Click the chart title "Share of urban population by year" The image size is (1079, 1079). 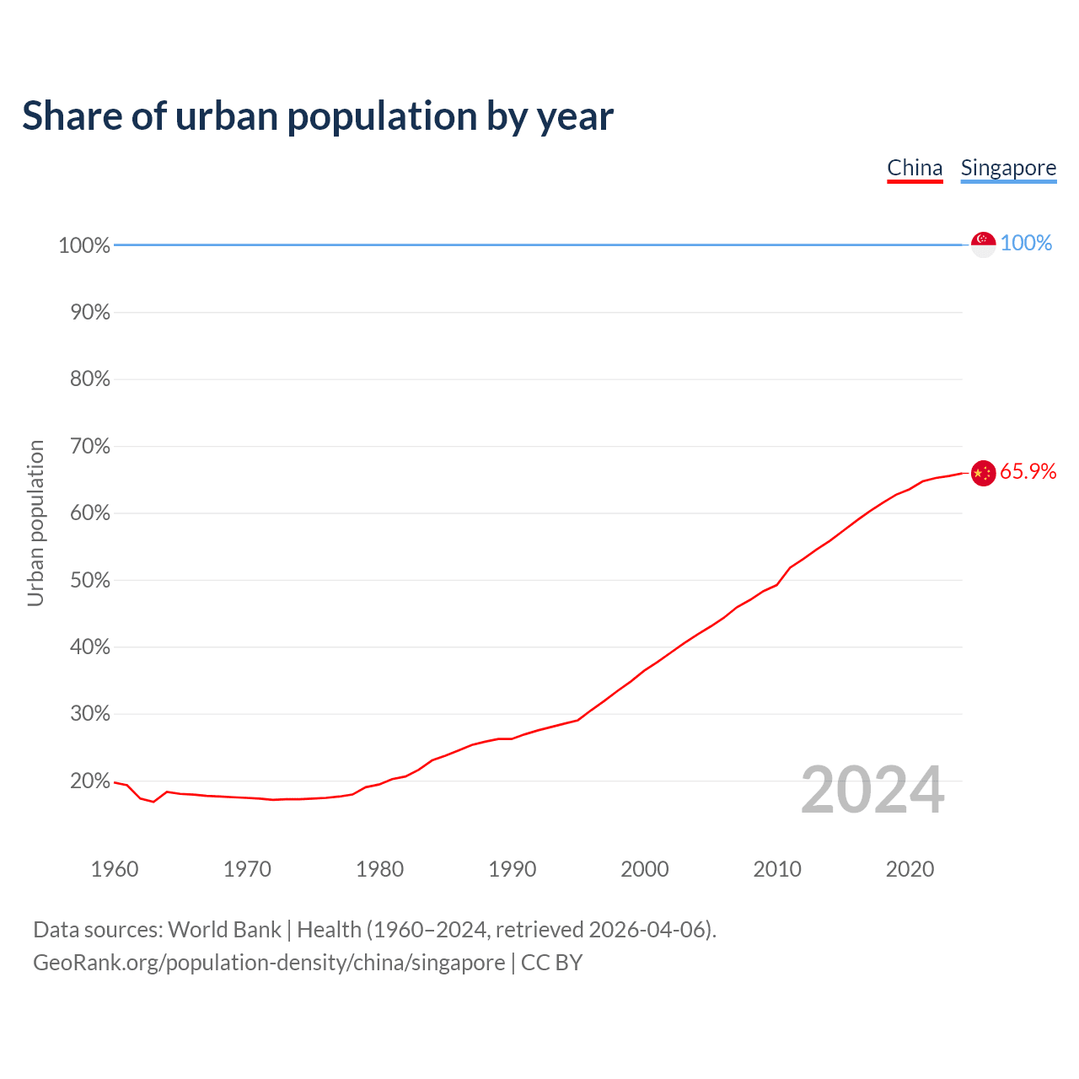click(x=317, y=116)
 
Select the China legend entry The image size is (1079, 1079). click(x=915, y=168)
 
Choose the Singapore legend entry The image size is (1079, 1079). click(x=1008, y=168)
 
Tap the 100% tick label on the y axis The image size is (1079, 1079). click(x=84, y=245)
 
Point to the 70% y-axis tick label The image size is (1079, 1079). click(x=89, y=446)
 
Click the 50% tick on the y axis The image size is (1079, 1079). click(x=89, y=580)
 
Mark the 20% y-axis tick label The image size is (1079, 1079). click(x=89, y=781)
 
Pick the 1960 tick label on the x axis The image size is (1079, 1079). click(x=115, y=869)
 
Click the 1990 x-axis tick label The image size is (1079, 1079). click(x=513, y=869)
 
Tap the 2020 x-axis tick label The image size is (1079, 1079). click(x=910, y=869)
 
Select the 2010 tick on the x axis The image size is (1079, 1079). click(x=777, y=869)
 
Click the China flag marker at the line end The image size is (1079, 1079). click(x=983, y=473)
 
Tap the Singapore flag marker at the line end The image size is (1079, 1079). click(x=983, y=244)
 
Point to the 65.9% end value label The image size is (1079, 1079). click(x=1028, y=472)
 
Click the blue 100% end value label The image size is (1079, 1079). click(x=1026, y=243)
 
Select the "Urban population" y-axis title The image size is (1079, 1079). click(x=35, y=523)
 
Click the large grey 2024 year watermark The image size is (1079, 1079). click(x=872, y=790)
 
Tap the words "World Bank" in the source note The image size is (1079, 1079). click(x=224, y=930)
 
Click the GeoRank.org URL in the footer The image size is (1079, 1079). click(x=269, y=963)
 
